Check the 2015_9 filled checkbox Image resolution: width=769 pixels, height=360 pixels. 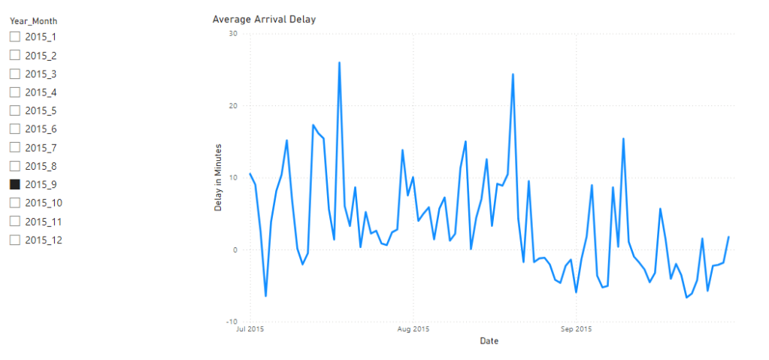pyautogui.click(x=14, y=184)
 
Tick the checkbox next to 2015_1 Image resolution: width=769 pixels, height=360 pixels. pyautogui.click(x=14, y=37)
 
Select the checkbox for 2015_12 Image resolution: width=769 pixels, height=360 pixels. pyautogui.click(x=14, y=240)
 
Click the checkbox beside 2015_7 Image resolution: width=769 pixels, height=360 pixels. pyautogui.click(x=14, y=147)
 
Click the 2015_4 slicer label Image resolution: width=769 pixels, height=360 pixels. pyautogui.click(x=41, y=92)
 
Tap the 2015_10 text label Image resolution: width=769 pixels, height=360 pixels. pyautogui.click(x=43, y=203)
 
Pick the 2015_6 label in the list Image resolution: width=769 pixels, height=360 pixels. pyautogui.click(x=41, y=129)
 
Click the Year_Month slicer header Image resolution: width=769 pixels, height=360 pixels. pyautogui.click(x=33, y=21)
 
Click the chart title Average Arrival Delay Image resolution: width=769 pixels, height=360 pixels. pyautogui.click(x=264, y=20)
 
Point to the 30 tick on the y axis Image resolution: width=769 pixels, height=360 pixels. pyautogui.click(x=232, y=34)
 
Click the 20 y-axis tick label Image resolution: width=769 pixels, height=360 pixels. pyautogui.click(x=232, y=106)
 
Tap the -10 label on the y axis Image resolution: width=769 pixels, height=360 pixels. pyautogui.click(x=231, y=322)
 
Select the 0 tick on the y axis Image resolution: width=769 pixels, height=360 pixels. pyautogui.click(x=235, y=250)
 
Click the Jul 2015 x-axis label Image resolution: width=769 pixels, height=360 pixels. pyautogui.click(x=250, y=329)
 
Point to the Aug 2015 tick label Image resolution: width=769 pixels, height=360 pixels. pyautogui.click(x=413, y=329)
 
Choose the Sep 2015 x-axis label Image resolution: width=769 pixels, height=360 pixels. pyautogui.click(x=576, y=329)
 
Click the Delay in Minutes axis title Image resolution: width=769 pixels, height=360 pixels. pyautogui.click(x=219, y=177)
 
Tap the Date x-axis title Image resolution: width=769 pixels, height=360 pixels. pyautogui.click(x=489, y=341)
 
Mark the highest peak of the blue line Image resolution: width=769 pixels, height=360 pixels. pyautogui.click(x=339, y=63)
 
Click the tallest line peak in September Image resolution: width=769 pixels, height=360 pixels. pyautogui.click(x=623, y=139)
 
